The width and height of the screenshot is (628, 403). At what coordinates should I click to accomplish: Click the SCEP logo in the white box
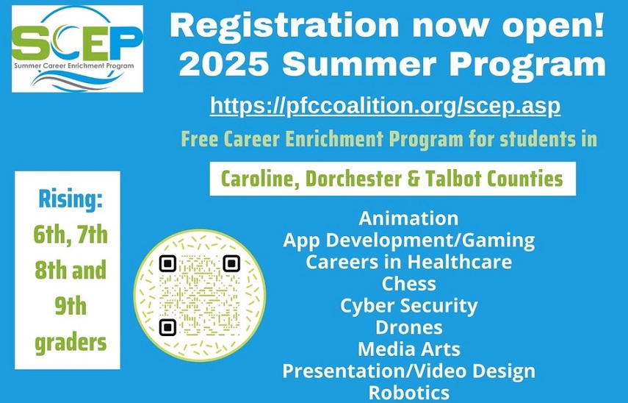click(77, 49)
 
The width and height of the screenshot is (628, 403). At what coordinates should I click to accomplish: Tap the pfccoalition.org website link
click(386, 105)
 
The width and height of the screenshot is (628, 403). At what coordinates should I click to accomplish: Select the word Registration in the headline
click(284, 25)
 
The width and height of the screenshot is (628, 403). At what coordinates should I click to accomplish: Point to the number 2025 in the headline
click(223, 65)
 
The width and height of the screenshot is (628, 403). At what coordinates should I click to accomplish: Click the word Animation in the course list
click(408, 218)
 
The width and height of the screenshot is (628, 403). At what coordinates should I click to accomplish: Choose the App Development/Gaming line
click(408, 240)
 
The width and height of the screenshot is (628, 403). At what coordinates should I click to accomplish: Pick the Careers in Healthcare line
click(408, 262)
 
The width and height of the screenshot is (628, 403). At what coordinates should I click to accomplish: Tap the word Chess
click(408, 284)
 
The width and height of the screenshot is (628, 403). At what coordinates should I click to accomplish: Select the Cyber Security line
click(408, 305)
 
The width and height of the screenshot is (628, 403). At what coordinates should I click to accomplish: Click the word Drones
click(408, 327)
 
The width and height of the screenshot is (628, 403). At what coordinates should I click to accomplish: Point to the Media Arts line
click(408, 349)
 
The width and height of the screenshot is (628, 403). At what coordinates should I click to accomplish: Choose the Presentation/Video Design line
click(408, 371)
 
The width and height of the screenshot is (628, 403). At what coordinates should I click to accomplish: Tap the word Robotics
click(408, 392)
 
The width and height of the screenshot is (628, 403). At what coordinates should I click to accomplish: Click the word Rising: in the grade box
click(70, 199)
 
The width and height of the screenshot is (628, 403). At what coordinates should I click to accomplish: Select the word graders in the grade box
click(71, 343)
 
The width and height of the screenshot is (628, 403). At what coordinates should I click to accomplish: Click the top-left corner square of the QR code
click(167, 263)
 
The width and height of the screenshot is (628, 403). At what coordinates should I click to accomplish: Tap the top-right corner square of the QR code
click(231, 263)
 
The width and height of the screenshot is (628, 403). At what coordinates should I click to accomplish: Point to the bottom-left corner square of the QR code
click(167, 327)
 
